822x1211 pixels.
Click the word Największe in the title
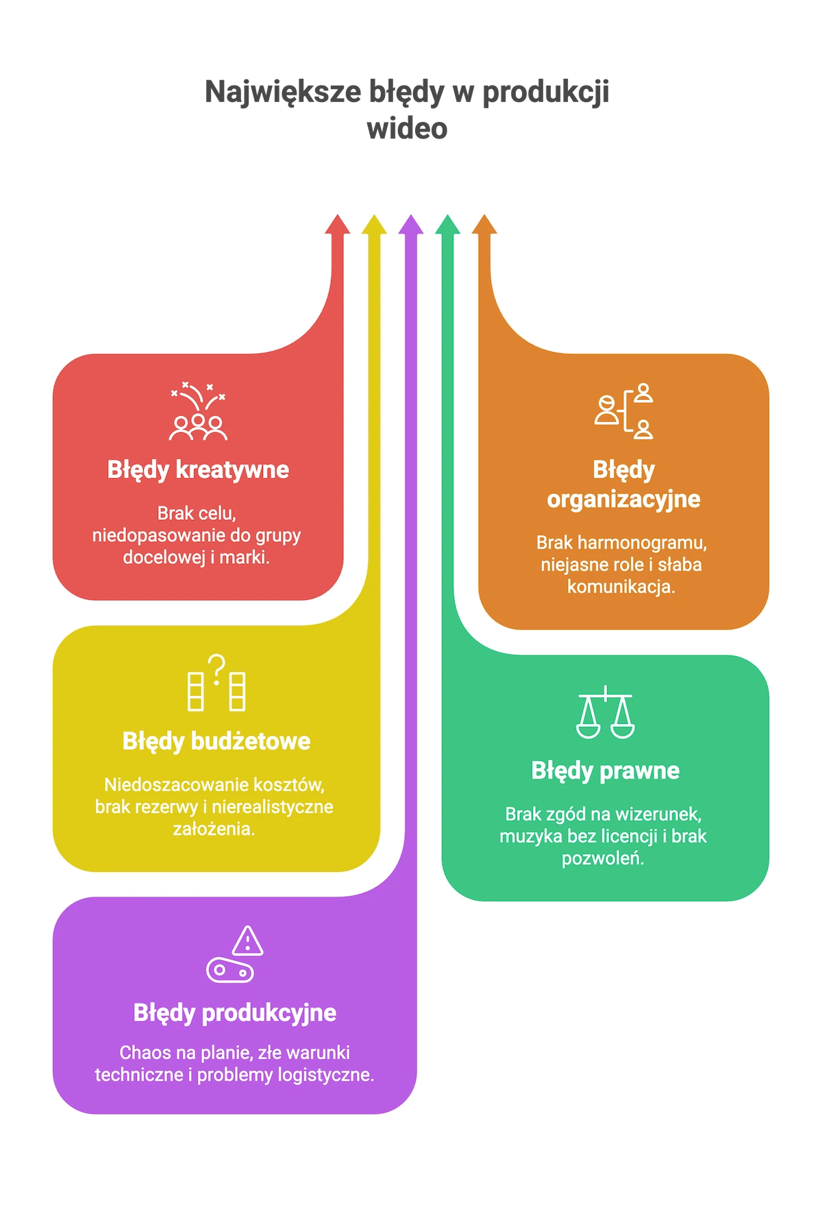point(283,92)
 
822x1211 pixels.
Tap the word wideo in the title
point(407,128)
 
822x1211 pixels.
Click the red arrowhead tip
point(337,215)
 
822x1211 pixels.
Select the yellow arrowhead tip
point(374,215)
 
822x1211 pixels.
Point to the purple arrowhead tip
point(411,215)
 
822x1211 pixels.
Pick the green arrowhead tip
point(448,215)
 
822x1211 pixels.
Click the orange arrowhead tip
point(484,215)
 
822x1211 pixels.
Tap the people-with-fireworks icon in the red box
point(198,411)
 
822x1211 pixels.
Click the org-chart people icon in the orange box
point(624,411)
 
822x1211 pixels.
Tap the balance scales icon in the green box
point(606,712)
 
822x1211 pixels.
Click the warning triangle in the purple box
point(247,940)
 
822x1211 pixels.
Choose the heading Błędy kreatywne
point(198,470)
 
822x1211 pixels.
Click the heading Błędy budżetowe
point(216,742)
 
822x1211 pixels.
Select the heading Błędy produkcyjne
point(235,1013)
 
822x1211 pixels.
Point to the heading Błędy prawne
point(606,771)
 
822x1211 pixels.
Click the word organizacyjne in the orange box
point(623,499)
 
